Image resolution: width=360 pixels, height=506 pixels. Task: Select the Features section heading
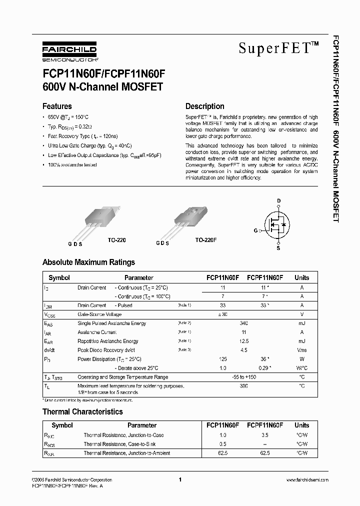click(57, 106)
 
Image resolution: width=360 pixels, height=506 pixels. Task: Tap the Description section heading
click(204, 106)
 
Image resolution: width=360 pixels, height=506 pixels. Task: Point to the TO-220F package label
click(205, 240)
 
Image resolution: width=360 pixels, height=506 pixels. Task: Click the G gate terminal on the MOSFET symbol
click(255, 230)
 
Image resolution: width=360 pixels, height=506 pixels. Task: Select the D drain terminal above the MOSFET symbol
click(279, 201)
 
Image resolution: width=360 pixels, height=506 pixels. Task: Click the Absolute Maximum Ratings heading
click(88, 262)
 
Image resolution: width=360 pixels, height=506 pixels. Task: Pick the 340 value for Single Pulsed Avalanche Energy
click(243, 323)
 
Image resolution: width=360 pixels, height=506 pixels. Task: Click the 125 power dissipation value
click(223, 359)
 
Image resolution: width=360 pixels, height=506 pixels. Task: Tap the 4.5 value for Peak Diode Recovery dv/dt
click(243, 350)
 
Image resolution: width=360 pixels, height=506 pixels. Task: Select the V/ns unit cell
click(301, 350)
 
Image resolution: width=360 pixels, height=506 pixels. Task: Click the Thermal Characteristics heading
click(82, 411)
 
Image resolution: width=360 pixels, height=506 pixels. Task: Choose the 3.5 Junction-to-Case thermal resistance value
click(265, 435)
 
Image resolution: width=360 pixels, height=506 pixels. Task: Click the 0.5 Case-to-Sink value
click(223, 444)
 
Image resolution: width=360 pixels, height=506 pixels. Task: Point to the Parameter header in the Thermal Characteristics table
click(142, 425)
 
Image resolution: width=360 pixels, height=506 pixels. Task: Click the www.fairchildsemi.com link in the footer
click(307, 479)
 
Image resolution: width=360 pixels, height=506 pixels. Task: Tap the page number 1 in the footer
click(179, 479)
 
